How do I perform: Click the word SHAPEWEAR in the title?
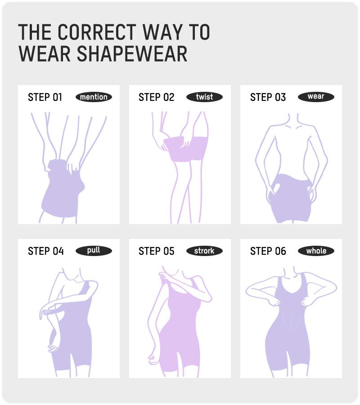(x=131, y=54)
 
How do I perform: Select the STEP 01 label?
(x=45, y=97)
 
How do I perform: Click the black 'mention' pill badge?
(x=94, y=97)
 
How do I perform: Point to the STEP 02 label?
(x=156, y=97)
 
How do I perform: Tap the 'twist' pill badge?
(x=204, y=97)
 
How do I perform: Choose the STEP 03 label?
(x=268, y=97)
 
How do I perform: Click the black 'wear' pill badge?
(x=316, y=97)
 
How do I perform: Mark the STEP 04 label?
(x=45, y=251)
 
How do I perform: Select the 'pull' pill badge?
(x=94, y=251)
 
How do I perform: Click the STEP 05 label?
(x=156, y=251)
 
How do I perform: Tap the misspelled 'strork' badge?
(x=204, y=251)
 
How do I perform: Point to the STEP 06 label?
(x=268, y=251)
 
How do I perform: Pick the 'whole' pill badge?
(x=316, y=251)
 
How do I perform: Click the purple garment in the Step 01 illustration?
(x=63, y=191)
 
